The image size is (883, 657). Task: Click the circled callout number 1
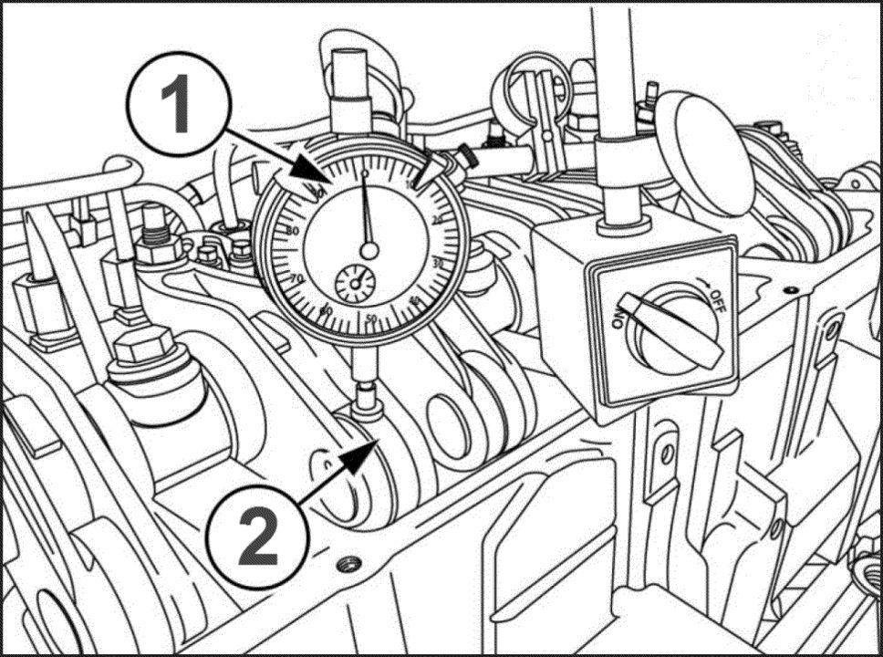(x=177, y=102)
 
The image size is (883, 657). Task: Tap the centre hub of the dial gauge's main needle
(x=369, y=248)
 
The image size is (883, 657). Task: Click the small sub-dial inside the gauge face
(x=354, y=284)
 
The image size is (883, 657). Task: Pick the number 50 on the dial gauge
(x=371, y=318)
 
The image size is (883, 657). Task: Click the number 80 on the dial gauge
(x=294, y=230)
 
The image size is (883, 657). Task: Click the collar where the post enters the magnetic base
(x=622, y=222)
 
